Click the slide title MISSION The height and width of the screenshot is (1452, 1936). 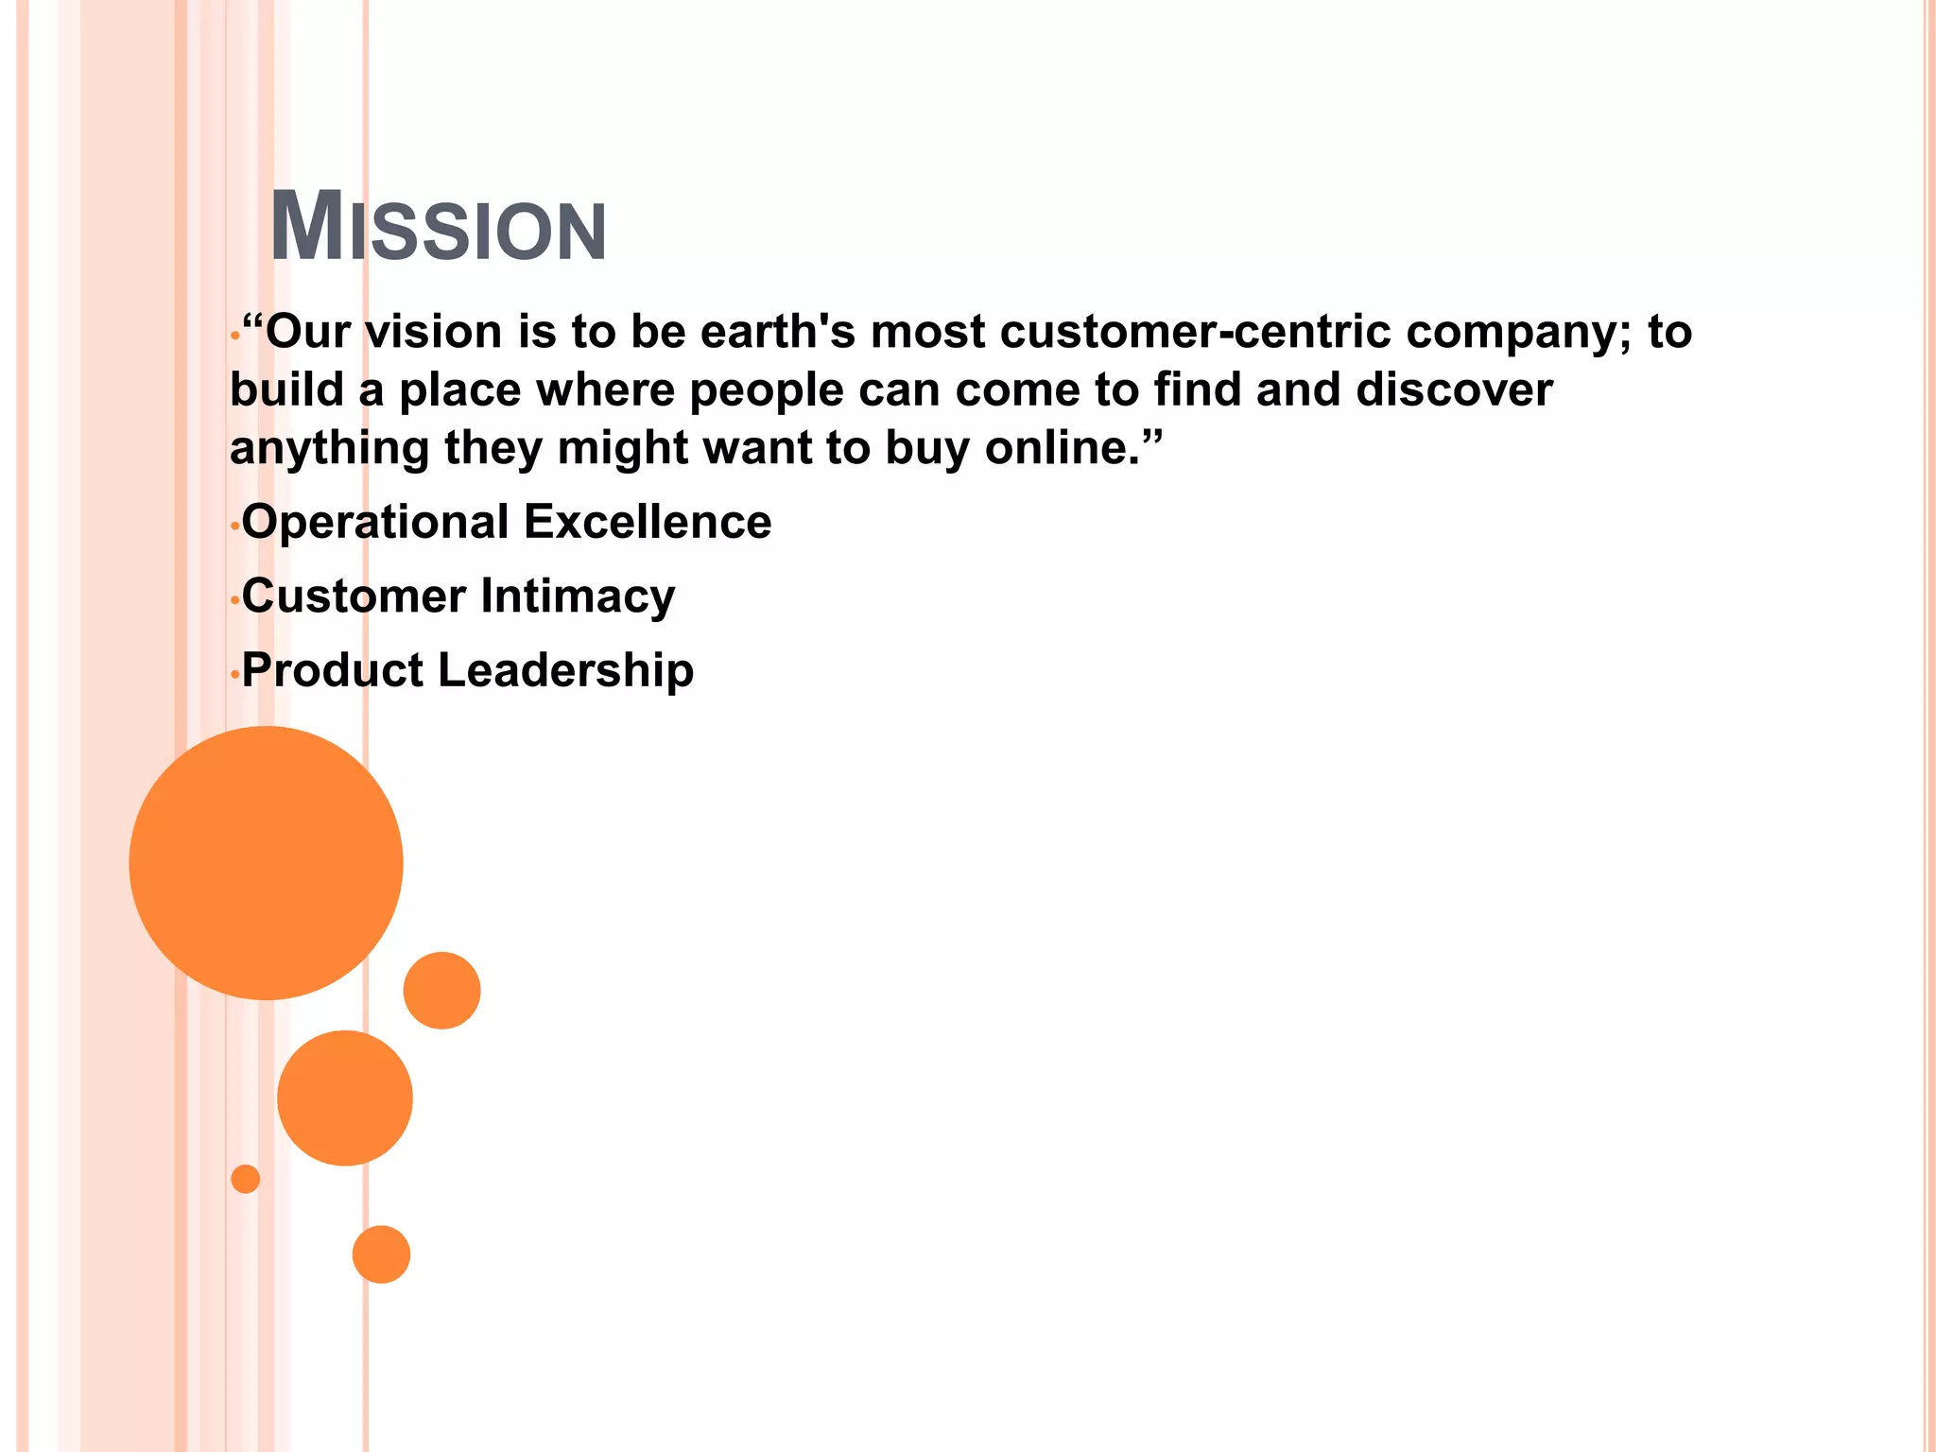point(438,228)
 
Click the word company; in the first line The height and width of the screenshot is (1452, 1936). point(1519,332)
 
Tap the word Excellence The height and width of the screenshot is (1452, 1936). point(648,522)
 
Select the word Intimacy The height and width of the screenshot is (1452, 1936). point(578,596)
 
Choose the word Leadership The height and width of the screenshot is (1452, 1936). point(565,670)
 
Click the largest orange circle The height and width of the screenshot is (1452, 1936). point(266,862)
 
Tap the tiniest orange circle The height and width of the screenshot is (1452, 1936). point(245,1179)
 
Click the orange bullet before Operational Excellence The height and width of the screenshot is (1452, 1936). point(234,527)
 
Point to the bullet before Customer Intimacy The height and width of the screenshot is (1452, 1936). point(234,601)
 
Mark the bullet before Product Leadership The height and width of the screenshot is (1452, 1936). point(234,675)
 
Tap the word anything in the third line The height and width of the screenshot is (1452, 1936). point(329,447)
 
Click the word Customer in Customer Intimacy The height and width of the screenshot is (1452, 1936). point(354,596)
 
